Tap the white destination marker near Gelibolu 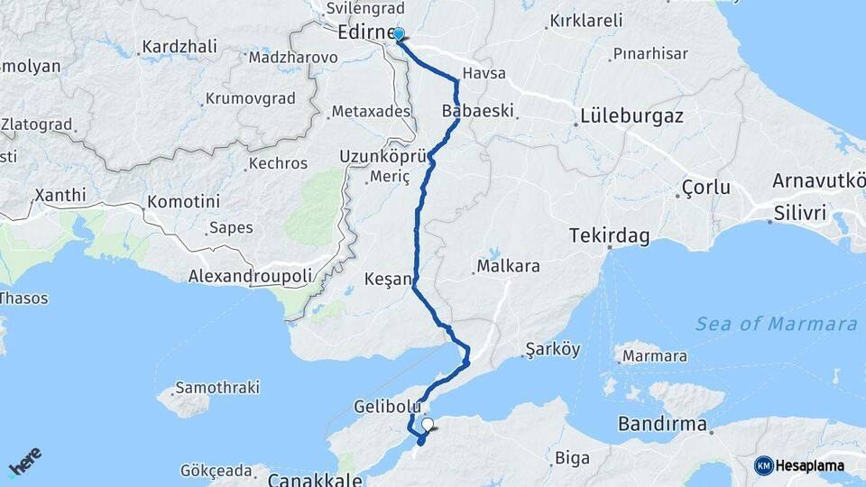tap(428, 424)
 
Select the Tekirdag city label tap(610, 235)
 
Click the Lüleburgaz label tap(631, 115)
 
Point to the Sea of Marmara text tap(776, 324)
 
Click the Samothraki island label tap(216, 388)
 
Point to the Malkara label tap(508, 266)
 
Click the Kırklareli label tap(586, 20)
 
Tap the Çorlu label tap(705, 189)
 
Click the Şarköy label tap(552, 349)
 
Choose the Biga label tap(573, 456)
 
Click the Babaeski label tap(478, 111)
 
